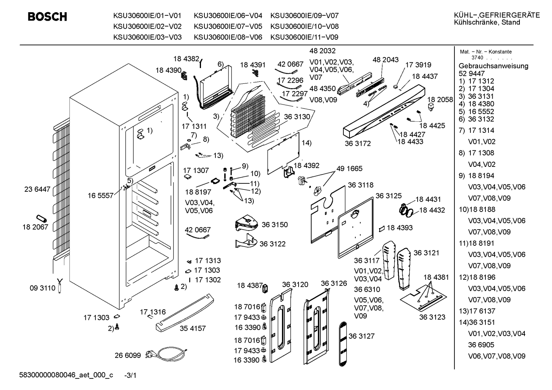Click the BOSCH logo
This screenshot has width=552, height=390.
(47, 17)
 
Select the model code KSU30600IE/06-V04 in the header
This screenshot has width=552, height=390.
(228, 16)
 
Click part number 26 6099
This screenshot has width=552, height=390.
(127, 355)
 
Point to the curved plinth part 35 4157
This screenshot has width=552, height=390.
(185, 312)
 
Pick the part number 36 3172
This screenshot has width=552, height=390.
(358, 144)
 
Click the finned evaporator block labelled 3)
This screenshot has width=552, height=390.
(248, 116)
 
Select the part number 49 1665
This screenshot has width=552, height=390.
(349, 168)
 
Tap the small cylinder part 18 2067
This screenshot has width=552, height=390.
(41, 218)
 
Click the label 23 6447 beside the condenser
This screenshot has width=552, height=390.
(37, 189)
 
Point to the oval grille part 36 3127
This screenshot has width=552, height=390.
(343, 344)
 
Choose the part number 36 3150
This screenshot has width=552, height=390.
(274, 225)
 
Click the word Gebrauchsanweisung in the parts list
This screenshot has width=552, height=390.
(493, 66)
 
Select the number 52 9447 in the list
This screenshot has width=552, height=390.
(472, 73)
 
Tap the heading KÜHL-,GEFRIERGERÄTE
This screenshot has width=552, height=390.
(497, 15)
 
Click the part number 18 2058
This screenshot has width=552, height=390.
(440, 100)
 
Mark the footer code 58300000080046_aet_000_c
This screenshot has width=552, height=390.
(66, 375)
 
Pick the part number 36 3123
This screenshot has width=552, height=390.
(432, 317)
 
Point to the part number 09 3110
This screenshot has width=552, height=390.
(42, 288)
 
